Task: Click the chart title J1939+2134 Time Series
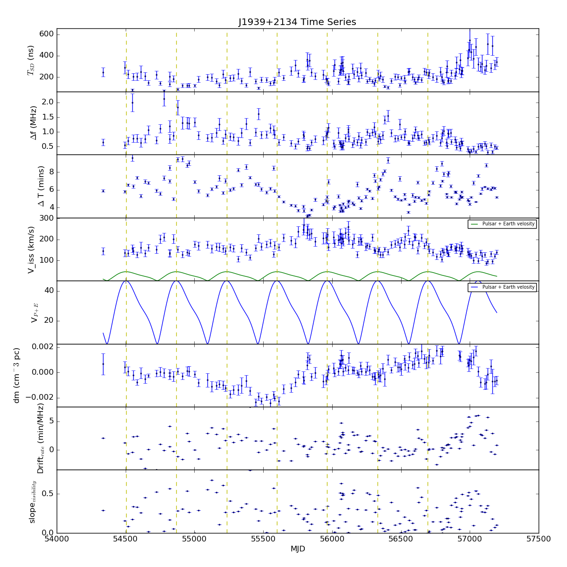[297, 22]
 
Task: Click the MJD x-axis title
[298, 549]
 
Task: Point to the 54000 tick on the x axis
[57, 539]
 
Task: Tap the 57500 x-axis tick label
[539, 539]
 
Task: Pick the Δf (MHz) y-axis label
[34, 123]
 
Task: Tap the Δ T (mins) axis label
[41, 186]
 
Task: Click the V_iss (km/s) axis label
[32, 249]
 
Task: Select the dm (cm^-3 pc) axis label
[17, 376]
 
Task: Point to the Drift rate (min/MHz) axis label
[41, 438]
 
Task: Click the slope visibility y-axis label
[33, 501]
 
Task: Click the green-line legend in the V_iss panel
[502, 224]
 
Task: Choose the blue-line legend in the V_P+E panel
[502, 287]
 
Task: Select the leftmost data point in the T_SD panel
[103, 73]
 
